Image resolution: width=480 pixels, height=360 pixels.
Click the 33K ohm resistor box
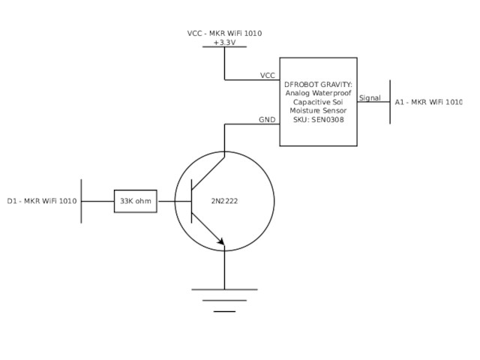pos(135,201)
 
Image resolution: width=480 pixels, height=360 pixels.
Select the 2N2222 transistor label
pos(224,201)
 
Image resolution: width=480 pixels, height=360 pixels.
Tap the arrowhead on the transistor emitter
pos(220,241)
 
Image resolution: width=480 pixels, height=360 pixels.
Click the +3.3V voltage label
pos(224,43)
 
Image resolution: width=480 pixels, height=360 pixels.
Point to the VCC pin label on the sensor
pos(267,76)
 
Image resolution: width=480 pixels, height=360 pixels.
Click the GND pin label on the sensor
pos(267,120)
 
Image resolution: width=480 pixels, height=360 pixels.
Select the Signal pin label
pos(370,98)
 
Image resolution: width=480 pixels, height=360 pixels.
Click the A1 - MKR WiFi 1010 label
pos(428,102)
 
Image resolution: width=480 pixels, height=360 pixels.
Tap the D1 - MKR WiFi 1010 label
pos(42,201)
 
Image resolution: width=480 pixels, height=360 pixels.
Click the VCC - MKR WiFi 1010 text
pos(224,34)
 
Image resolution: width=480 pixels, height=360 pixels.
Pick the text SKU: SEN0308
pos(318,120)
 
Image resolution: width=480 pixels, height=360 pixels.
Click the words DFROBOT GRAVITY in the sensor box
pos(318,84)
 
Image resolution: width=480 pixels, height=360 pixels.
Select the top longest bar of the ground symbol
pos(224,289)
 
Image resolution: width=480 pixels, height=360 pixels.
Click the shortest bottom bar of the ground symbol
pos(224,311)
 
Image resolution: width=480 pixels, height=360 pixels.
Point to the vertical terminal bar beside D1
pos(81,201)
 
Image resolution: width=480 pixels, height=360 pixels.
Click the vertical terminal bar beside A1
pos(390,102)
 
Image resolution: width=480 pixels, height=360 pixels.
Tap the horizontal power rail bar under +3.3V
pos(224,47)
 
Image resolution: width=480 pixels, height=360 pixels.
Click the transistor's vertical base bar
pos(192,201)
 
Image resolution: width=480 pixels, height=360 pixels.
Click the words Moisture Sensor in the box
pos(318,111)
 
